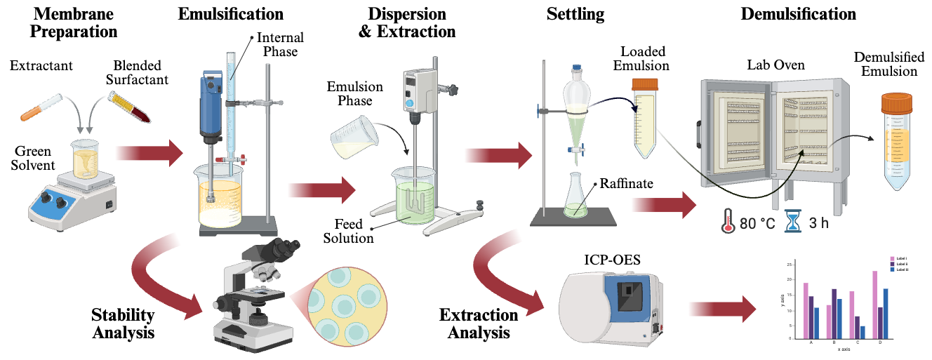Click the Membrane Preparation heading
tap(76, 22)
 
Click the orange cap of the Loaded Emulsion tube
tap(646, 85)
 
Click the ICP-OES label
tap(611, 259)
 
